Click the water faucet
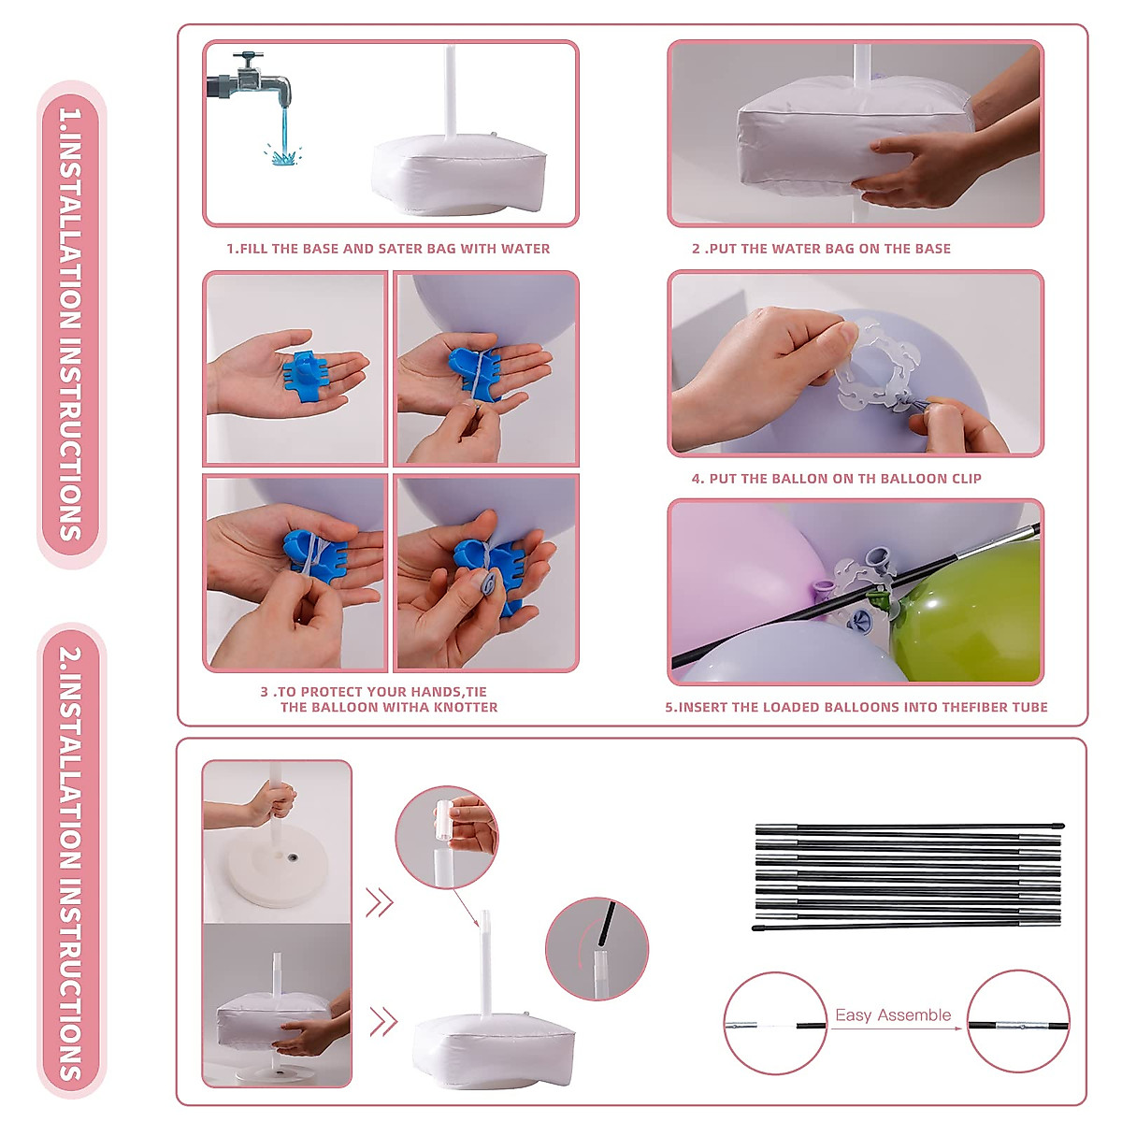pos(251,81)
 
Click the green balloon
pos(967,611)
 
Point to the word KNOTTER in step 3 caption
pos(466,707)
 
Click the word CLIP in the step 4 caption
pos(967,479)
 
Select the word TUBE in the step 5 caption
pos(1030,707)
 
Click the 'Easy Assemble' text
pos(893,1014)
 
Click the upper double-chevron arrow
pos(380,903)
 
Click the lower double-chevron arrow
pos(383,1023)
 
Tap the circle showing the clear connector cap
pos(447,837)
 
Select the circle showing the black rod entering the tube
pos(597,949)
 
